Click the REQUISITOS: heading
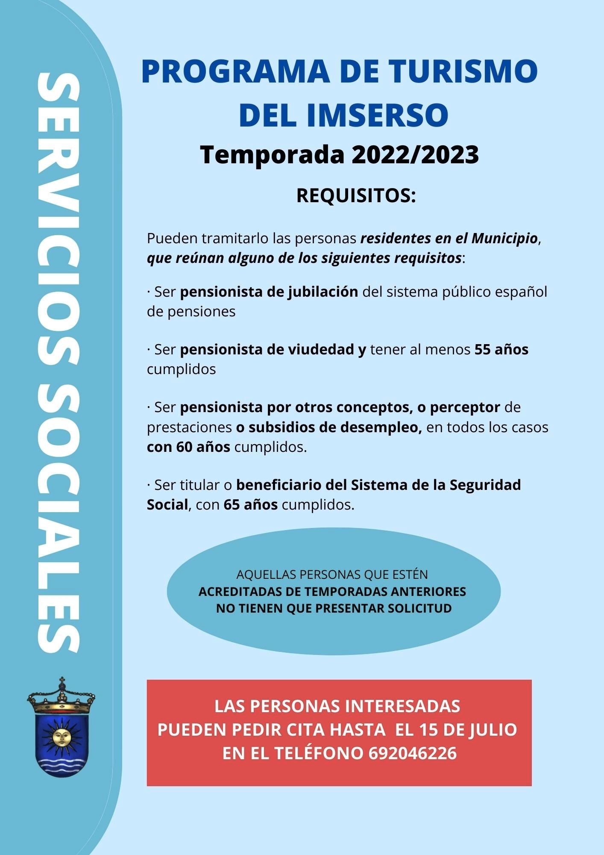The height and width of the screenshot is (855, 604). pos(356,196)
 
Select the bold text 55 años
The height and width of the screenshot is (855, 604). pos(501,349)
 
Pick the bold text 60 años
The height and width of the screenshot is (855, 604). pos(203,447)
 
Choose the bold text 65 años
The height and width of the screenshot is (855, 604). pos(250,504)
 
